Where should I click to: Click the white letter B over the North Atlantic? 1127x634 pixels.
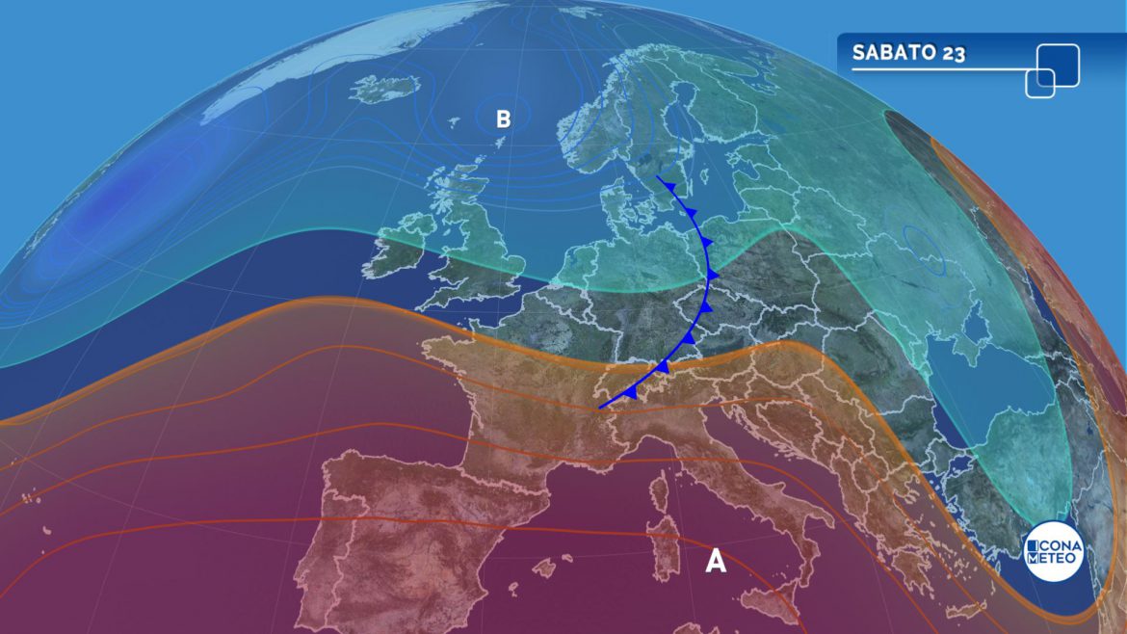[x=503, y=119]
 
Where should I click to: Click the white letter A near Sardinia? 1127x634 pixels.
[x=716, y=561]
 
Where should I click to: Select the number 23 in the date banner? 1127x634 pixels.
[x=955, y=53]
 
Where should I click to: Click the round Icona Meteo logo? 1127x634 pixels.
[x=1053, y=551]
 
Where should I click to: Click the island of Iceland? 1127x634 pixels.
[x=385, y=90]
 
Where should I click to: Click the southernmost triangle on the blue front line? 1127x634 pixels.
[x=629, y=392]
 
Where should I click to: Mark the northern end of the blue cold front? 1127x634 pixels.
[x=657, y=176]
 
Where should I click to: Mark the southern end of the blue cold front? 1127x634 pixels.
[x=599, y=408]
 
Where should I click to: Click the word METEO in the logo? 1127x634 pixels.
[x=1053, y=559]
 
